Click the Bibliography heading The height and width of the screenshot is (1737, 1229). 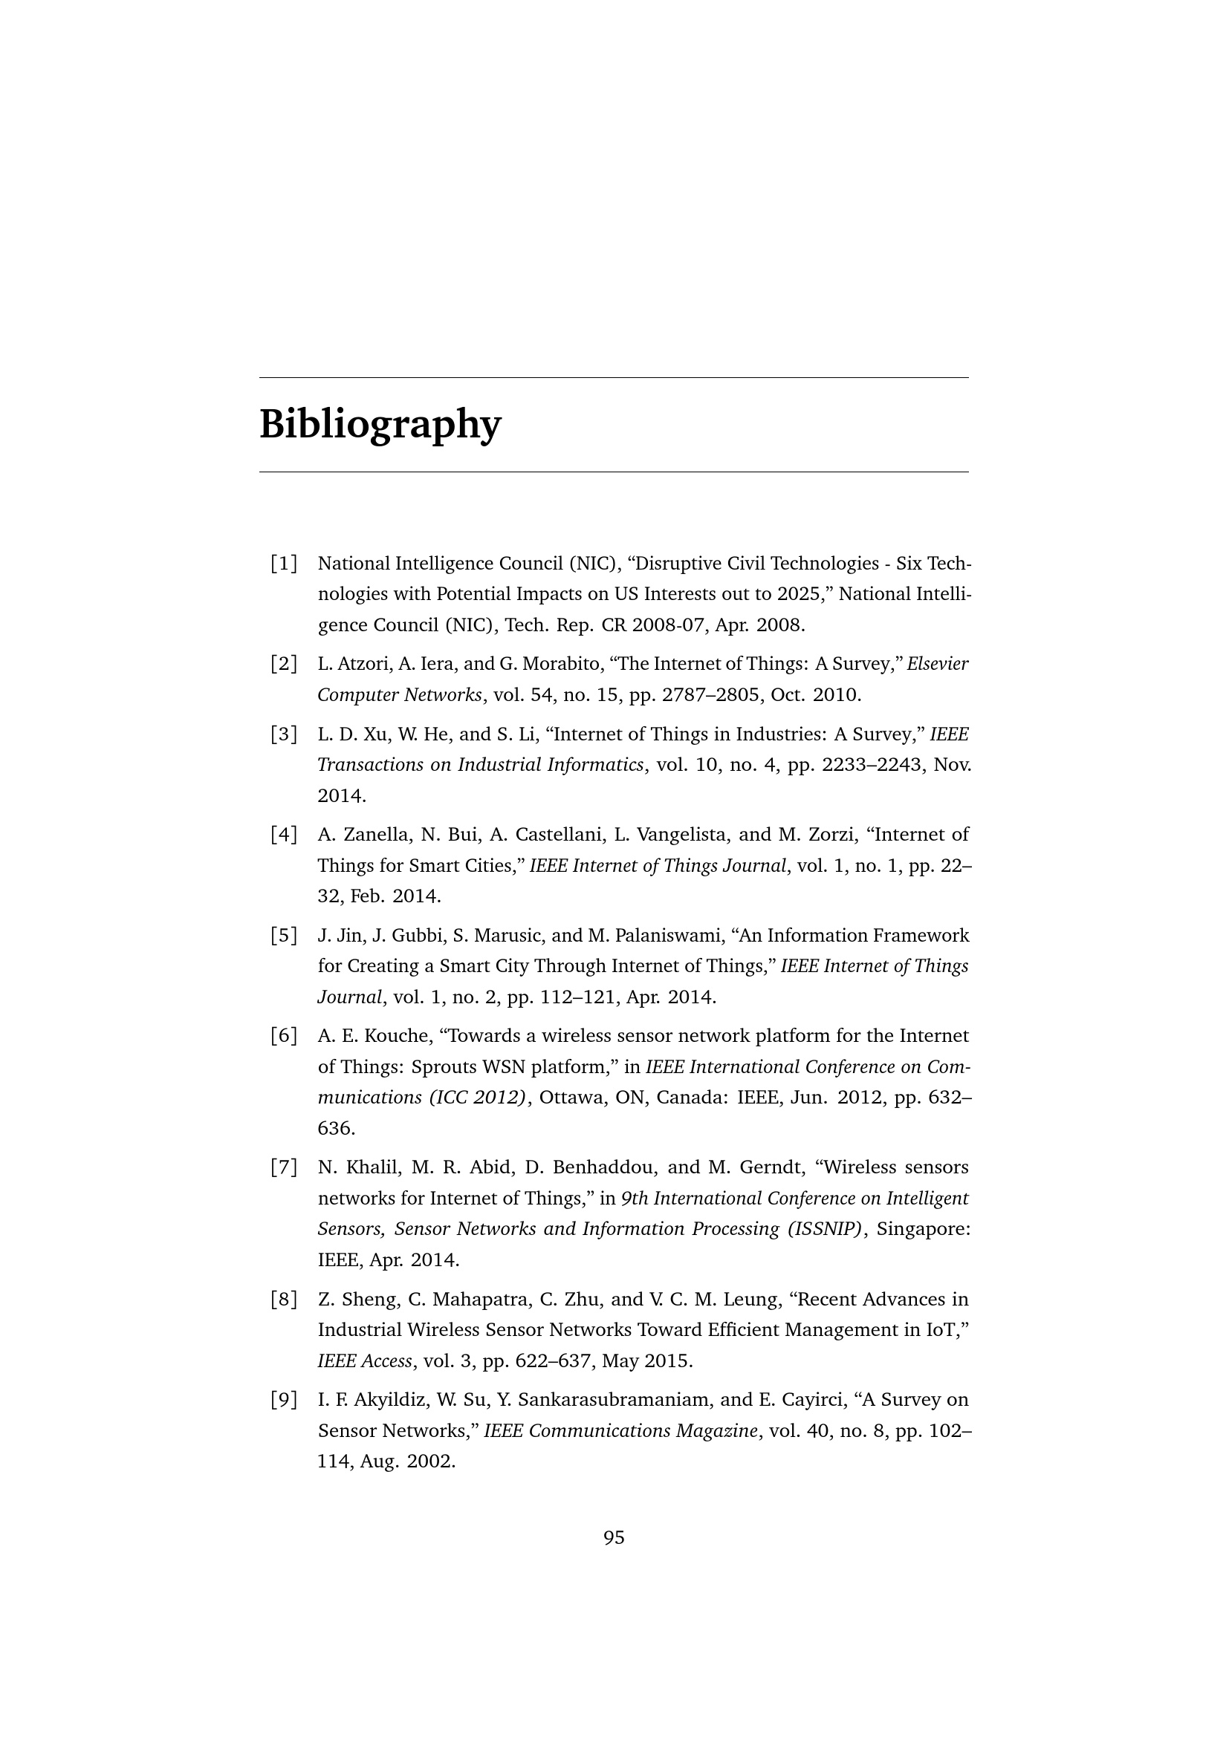tap(380, 425)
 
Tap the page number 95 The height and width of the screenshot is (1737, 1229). tap(614, 1537)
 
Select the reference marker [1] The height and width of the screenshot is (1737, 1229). tap(284, 564)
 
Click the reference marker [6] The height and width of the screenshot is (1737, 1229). tap(284, 1036)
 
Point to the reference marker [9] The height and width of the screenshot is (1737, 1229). tap(284, 1401)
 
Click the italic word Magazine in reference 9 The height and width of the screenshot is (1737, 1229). tap(720, 1431)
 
